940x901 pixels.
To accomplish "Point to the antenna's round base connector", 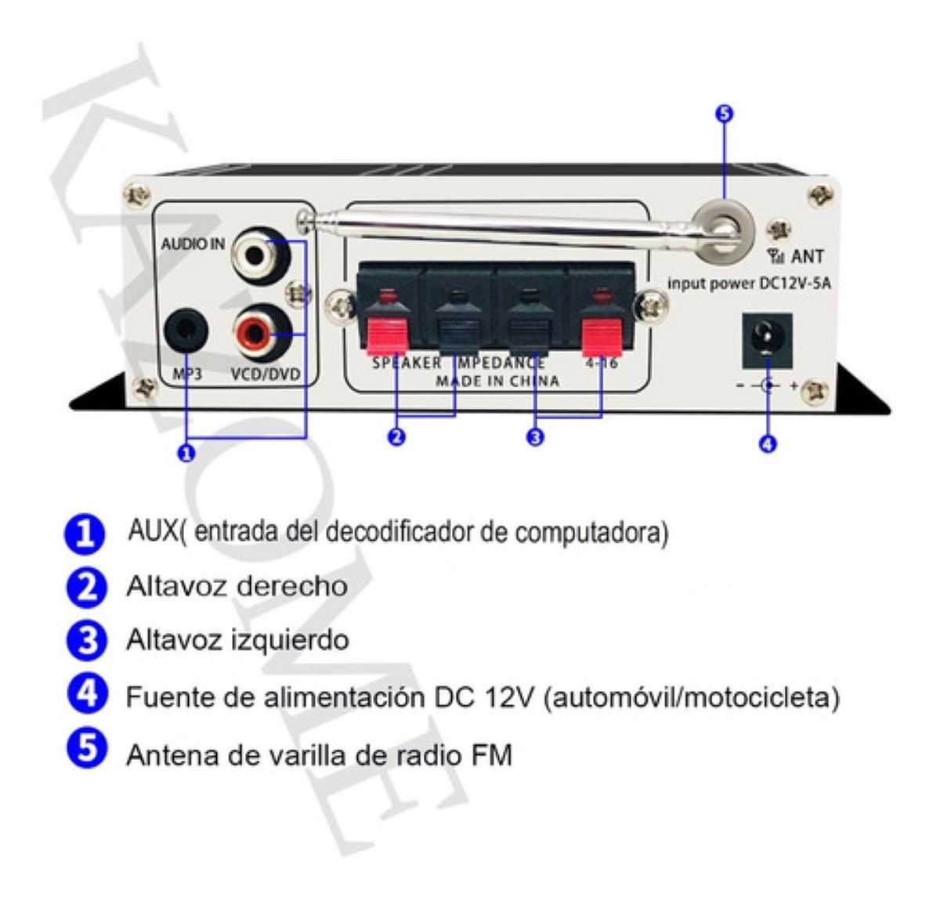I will [x=724, y=228].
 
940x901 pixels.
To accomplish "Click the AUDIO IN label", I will [x=193, y=244].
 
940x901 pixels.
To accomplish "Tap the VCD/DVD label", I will [x=266, y=375].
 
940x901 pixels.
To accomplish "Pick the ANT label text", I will [x=808, y=256].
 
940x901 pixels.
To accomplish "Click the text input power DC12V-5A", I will [x=749, y=284].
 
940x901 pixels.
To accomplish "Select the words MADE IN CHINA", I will [x=497, y=382].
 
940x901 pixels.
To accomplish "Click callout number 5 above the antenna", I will [x=724, y=114].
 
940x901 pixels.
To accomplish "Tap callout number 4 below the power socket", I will [x=768, y=444].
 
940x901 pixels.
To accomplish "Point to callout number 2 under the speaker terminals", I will [x=397, y=437].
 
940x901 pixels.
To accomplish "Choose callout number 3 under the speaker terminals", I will [x=536, y=437].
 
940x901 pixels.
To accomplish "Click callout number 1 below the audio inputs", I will [x=186, y=452].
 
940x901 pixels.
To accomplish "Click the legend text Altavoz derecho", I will [x=237, y=586].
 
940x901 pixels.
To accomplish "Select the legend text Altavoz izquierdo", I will [x=237, y=640].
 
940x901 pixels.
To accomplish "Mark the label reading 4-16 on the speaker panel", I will [x=602, y=364].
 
